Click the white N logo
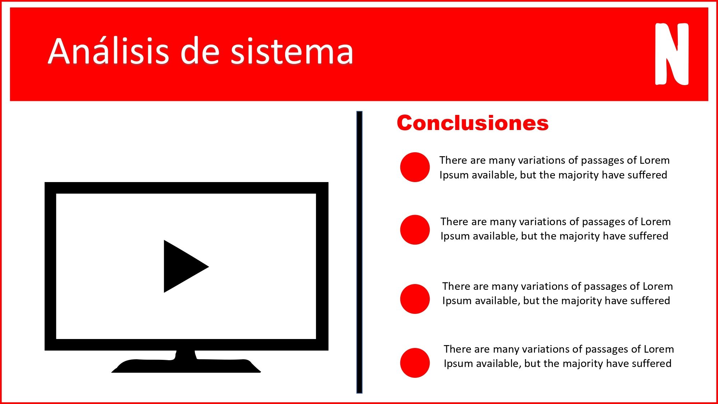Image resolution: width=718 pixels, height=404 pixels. point(672,54)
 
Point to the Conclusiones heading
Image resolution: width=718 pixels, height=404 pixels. point(473,123)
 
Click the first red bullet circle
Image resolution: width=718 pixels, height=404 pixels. point(415,167)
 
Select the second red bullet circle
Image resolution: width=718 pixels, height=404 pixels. point(415,230)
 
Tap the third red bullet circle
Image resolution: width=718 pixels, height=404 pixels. point(415,299)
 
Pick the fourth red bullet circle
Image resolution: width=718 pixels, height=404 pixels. point(415,363)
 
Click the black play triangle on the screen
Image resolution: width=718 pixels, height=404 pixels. point(181,266)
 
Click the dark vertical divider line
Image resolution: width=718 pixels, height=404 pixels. point(359,252)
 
